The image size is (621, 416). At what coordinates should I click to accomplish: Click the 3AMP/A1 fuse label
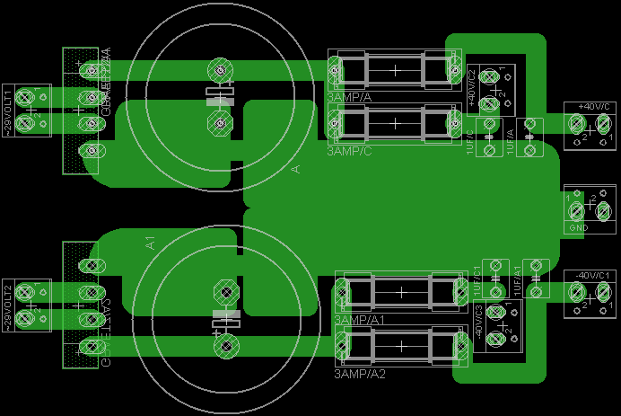tap(358, 320)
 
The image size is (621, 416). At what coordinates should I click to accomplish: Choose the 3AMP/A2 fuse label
tap(358, 373)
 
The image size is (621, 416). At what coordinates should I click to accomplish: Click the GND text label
tap(579, 228)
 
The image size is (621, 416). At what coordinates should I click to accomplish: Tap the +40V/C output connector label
tap(593, 107)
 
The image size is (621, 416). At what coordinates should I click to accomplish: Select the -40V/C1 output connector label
tap(593, 274)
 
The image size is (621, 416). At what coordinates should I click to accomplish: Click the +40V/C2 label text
tap(472, 86)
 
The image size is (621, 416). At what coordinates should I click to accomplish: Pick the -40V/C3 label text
tap(478, 321)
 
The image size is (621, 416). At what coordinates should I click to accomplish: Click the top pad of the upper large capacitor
tap(219, 69)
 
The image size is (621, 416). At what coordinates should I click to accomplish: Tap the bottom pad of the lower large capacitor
tap(225, 345)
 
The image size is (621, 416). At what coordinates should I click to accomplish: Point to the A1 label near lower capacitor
tap(151, 243)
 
